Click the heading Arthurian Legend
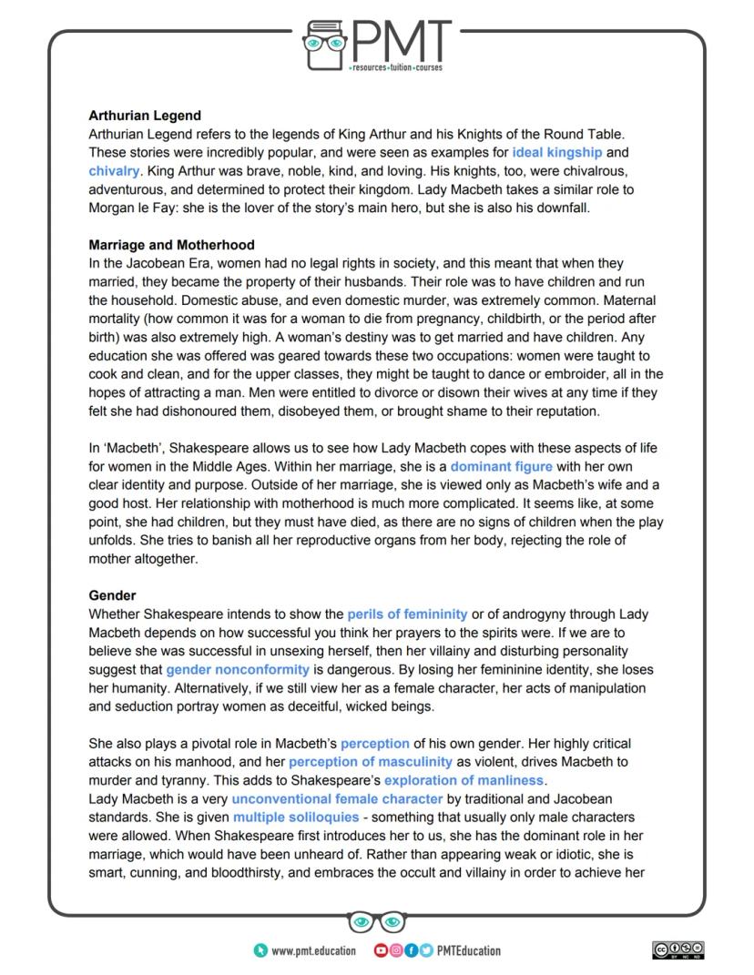[x=145, y=116]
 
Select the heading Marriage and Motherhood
[x=171, y=245]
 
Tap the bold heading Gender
[x=112, y=595]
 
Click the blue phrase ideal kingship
[x=556, y=152]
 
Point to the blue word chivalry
[x=114, y=170]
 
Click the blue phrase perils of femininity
[x=407, y=614]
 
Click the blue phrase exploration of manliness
[x=464, y=780]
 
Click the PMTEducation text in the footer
[x=469, y=950]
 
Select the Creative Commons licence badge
[x=678, y=950]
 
